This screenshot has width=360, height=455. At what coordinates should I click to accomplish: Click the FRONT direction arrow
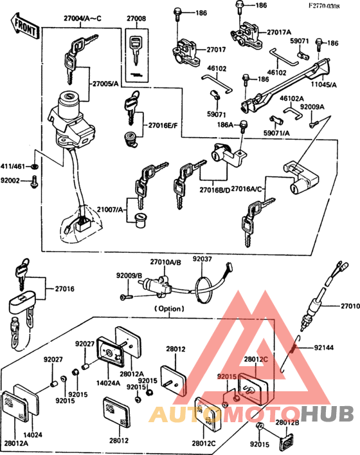24,26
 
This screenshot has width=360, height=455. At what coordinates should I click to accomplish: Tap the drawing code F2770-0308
325,6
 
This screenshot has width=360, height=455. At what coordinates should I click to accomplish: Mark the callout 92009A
312,107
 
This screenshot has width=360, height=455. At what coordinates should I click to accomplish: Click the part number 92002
10,181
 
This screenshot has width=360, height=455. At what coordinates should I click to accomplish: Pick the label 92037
203,259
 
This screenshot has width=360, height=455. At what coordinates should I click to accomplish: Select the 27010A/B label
166,262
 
